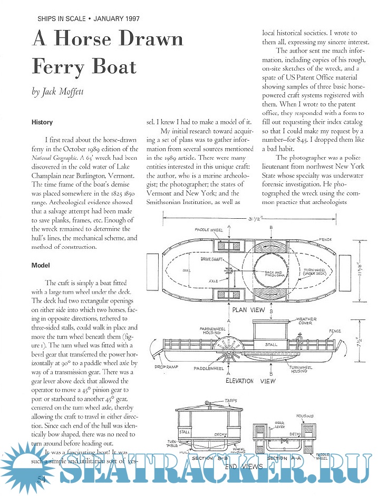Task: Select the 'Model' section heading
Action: [40, 265]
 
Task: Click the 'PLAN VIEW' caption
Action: [248, 310]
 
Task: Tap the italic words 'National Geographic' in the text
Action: [52, 157]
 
